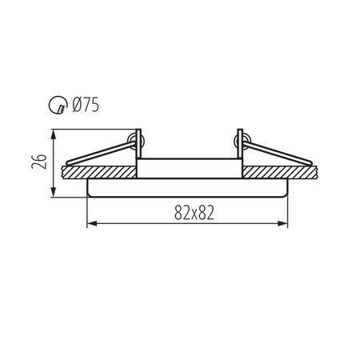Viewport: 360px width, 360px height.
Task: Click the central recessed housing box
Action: (190, 169)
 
